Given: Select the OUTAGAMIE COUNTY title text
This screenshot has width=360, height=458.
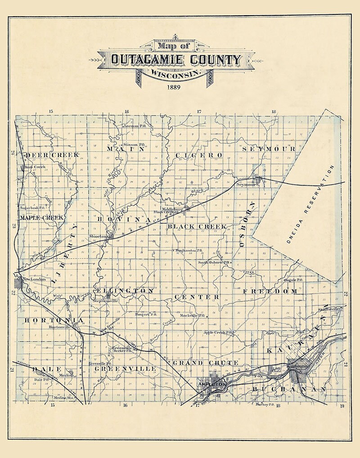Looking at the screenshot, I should tap(176, 59).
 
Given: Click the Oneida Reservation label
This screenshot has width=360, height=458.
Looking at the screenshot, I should tap(310, 204).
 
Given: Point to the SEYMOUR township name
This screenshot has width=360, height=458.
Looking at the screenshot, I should tap(269, 148).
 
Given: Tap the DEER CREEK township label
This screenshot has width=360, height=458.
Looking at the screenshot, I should tap(52, 155).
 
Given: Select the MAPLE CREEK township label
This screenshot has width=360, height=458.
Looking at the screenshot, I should tap(41, 217).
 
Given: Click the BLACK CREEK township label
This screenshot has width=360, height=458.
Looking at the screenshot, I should tap(197, 226).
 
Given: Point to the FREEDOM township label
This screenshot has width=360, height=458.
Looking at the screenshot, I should tap(270, 292).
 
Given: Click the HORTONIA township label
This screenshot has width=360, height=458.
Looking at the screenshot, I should tap(54, 320).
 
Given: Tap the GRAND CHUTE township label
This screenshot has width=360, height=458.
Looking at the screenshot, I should tap(206, 363).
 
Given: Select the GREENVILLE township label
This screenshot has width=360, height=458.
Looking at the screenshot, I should tap(125, 368).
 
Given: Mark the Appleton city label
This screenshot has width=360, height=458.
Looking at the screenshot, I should tap(212, 385).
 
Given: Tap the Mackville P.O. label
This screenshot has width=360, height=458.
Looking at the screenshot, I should tap(189, 315).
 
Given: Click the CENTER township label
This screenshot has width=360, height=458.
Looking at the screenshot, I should tap(197, 297).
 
